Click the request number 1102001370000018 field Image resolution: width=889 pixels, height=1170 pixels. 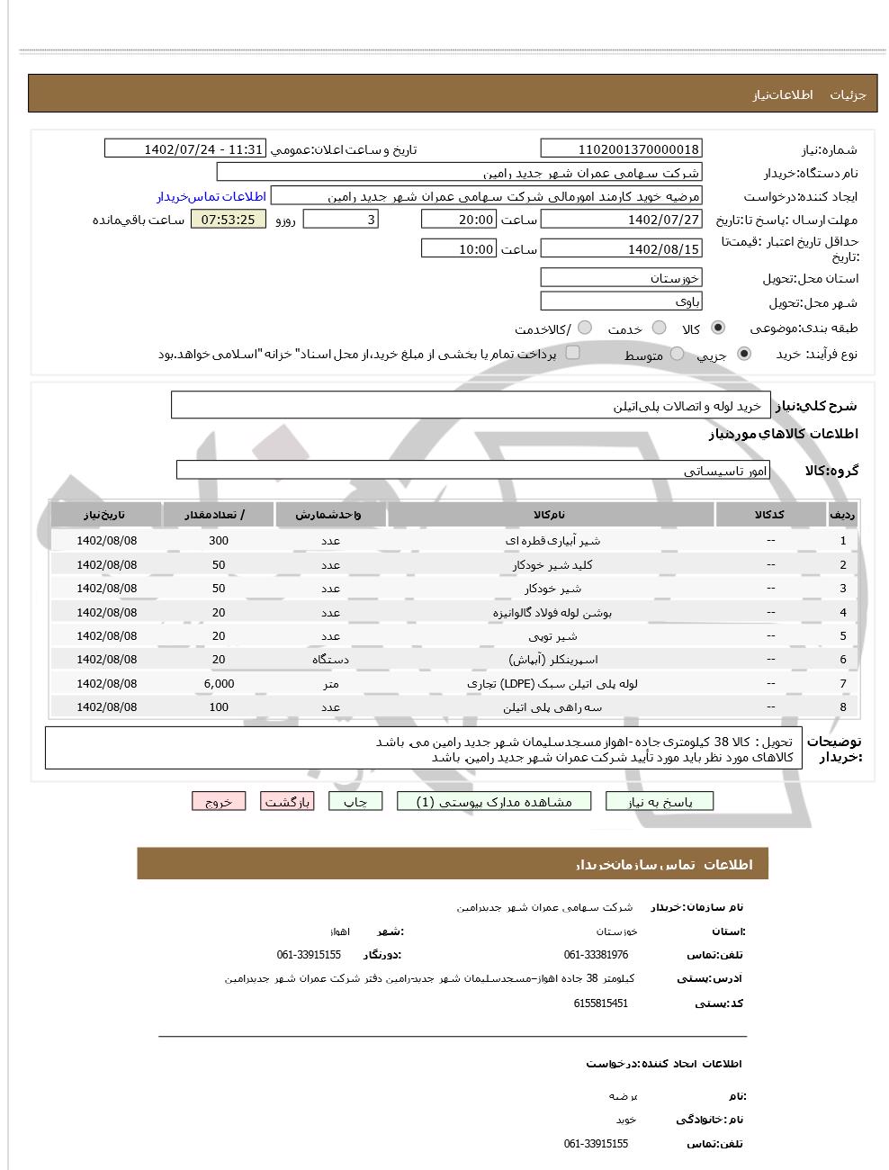click(621, 149)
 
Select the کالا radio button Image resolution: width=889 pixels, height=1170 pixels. click(718, 328)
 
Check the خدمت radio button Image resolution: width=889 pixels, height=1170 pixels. click(660, 328)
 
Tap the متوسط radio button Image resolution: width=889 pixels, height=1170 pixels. click(678, 355)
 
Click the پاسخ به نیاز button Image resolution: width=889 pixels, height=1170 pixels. click(660, 802)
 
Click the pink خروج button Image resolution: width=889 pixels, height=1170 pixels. click(218, 802)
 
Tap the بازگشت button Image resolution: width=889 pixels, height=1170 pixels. click(287, 802)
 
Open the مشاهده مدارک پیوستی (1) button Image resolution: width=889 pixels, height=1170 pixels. click(494, 802)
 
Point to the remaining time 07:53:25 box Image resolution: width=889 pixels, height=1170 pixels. click(229, 220)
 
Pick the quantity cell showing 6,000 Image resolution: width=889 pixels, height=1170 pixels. click(219, 684)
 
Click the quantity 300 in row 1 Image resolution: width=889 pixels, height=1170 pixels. click(219, 541)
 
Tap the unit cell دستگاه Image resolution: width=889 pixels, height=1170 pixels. click(330, 660)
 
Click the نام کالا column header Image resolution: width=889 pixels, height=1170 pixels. click(550, 515)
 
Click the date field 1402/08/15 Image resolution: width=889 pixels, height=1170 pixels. click(621, 249)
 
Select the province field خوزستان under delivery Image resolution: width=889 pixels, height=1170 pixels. click(621, 278)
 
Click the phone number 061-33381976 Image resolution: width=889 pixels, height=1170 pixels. click(596, 955)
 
